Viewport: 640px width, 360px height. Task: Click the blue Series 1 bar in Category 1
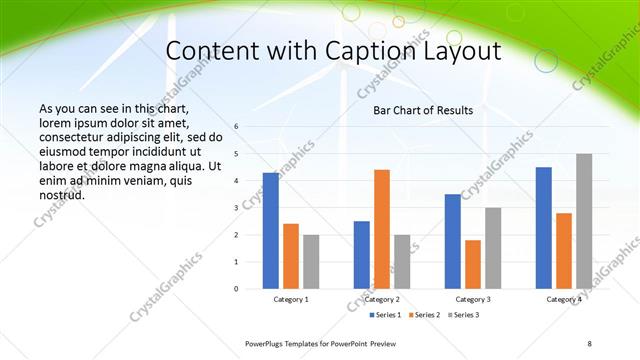tap(271, 230)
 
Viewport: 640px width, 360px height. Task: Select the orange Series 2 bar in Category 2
tap(382, 229)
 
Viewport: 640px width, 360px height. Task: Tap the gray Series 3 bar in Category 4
tap(584, 221)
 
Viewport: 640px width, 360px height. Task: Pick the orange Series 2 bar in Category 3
tap(473, 264)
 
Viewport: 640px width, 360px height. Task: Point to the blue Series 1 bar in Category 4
tap(544, 228)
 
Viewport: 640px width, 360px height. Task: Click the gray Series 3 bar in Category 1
tap(311, 261)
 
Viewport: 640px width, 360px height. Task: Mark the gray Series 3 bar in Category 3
tap(493, 248)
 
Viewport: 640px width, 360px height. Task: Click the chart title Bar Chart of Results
tap(423, 110)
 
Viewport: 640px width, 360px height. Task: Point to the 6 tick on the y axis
tap(236, 127)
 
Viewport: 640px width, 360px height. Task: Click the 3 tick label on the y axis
tap(236, 208)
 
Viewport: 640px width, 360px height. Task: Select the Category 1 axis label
tap(291, 299)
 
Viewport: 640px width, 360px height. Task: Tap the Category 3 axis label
tap(473, 299)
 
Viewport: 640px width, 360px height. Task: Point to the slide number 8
tap(590, 343)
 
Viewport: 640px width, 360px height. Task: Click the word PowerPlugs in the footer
tap(265, 343)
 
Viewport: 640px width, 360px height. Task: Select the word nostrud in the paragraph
tap(62, 195)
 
